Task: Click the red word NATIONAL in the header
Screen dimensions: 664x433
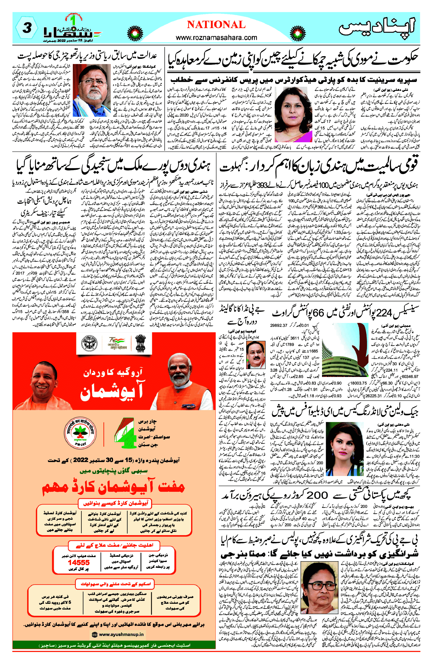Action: (216, 25)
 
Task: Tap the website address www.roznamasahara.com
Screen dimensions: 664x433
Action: (216, 37)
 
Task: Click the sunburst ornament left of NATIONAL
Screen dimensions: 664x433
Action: (135, 33)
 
